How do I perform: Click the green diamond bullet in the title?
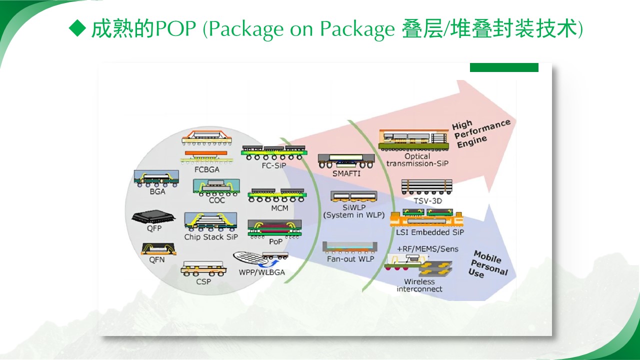[77, 28]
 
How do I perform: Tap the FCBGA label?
[207, 169]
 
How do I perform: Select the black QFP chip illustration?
[153, 217]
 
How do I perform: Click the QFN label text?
[157, 259]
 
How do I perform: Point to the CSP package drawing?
[203, 268]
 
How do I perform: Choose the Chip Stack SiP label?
[211, 237]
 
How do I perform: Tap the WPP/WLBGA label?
[261, 272]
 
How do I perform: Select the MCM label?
[279, 208]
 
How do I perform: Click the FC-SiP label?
[273, 165]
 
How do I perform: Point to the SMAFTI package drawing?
[346, 161]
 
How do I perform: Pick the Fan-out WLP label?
[350, 259]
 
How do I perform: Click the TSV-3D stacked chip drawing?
[427, 187]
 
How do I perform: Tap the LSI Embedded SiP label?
[429, 232]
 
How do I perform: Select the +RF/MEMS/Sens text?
[427, 249]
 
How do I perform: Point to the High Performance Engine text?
[481, 133]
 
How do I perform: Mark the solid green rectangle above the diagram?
[504, 67]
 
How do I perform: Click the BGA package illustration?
[156, 178]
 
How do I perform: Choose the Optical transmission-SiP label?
[417, 160]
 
